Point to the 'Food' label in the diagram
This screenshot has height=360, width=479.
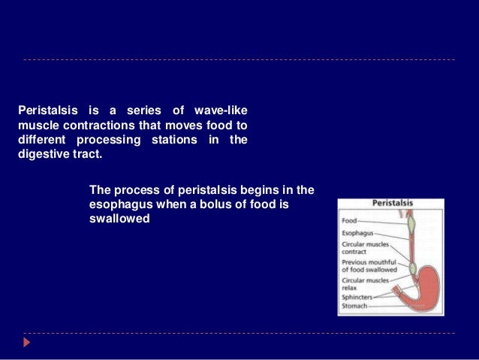click(349, 221)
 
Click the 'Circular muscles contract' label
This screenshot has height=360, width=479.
click(365, 248)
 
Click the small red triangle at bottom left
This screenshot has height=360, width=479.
click(27, 343)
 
